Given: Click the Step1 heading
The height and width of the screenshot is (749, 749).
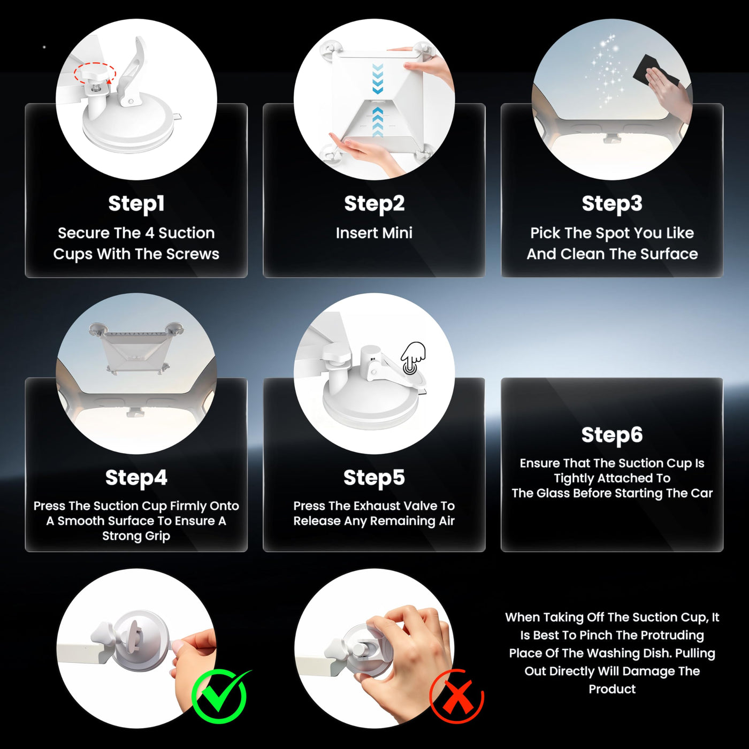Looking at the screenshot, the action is click(x=136, y=204).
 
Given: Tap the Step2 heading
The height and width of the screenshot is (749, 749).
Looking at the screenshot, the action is click(x=374, y=204).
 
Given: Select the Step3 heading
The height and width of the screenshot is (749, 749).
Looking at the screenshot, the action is click(x=612, y=204).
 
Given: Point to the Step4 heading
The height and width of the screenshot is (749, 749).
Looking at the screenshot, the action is click(x=136, y=478).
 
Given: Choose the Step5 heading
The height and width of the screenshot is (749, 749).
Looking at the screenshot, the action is click(x=374, y=478).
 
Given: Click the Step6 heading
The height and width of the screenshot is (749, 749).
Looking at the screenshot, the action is click(x=612, y=435).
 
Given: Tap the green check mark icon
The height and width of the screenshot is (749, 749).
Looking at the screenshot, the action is click(x=220, y=694).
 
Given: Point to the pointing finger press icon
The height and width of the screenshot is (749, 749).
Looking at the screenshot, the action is click(x=414, y=358).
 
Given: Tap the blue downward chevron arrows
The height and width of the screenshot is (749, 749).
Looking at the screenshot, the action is click(x=378, y=79).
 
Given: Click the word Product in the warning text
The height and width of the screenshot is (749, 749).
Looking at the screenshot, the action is click(x=612, y=689).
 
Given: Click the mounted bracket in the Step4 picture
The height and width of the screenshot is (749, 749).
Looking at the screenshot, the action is click(x=136, y=348).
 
